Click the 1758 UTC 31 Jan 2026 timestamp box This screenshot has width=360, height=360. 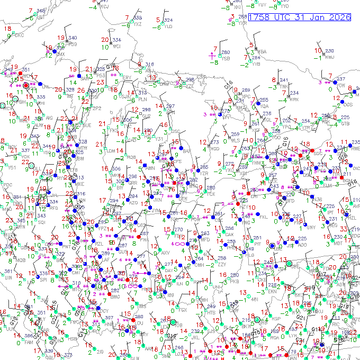(x=300, y=17)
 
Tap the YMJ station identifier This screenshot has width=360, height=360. (x=329, y=57)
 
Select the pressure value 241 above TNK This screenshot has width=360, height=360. (x=284, y=80)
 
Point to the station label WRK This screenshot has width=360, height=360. (x=294, y=100)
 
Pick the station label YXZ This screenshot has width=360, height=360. (x=138, y=24)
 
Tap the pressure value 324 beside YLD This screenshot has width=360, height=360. (x=168, y=20)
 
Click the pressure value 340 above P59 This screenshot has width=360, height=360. (x=73, y=38)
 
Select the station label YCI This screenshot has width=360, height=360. (x=117, y=46)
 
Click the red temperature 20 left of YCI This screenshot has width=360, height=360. (x=104, y=40)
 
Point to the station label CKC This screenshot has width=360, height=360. (x=19, y=35)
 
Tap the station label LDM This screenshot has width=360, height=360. (x=111, y=150)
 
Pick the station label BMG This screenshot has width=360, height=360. (x=115, y=297)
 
